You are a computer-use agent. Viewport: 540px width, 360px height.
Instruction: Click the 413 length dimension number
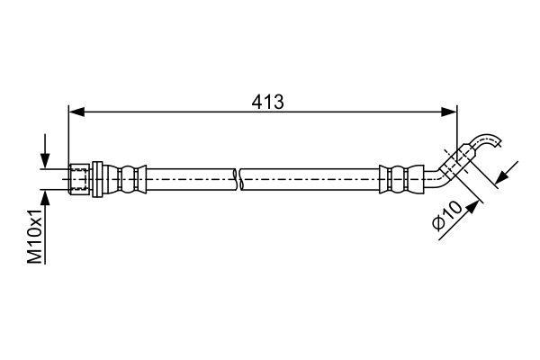[x=267, y=102]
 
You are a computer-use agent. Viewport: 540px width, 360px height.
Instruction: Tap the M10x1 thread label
[x=35, y=236]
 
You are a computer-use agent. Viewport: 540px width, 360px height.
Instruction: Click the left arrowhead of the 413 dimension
[x=76, y=112]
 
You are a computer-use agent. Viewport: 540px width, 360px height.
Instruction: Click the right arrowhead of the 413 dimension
[x=449, y=112]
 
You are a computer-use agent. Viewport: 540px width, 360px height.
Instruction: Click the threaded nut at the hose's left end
[x=79, y=179]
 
